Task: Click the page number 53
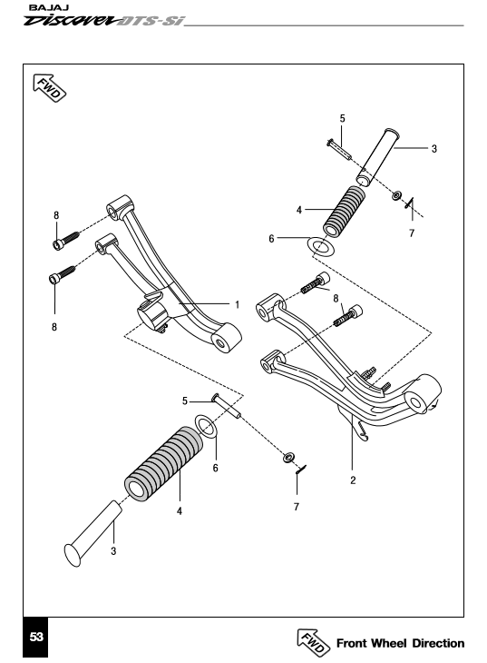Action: (x=36, y=637)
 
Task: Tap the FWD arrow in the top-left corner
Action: (x=50, y=88)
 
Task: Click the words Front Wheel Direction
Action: (x=401, y=643)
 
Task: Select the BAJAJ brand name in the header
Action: (x=49, y=8)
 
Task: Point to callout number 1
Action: (x=238, y=304)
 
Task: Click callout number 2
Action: (x=353, y=480)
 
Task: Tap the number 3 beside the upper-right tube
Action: (x=434, y=149)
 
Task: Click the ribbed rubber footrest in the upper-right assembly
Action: (x=345, y=212)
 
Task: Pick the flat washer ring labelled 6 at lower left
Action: (x=207, y=427)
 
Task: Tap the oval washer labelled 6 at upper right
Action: (x=321, y=246)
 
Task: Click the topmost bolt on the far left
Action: (x=66, y=240)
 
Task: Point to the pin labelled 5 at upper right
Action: (x=339, y=149)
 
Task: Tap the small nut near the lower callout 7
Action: (x=289, y=457)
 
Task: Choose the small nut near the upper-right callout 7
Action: (x=396, y=196)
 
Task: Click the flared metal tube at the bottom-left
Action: (x=93, y=533)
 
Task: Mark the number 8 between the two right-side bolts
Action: (x=336, y=299)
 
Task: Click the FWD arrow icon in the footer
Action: (x=313, y=643)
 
